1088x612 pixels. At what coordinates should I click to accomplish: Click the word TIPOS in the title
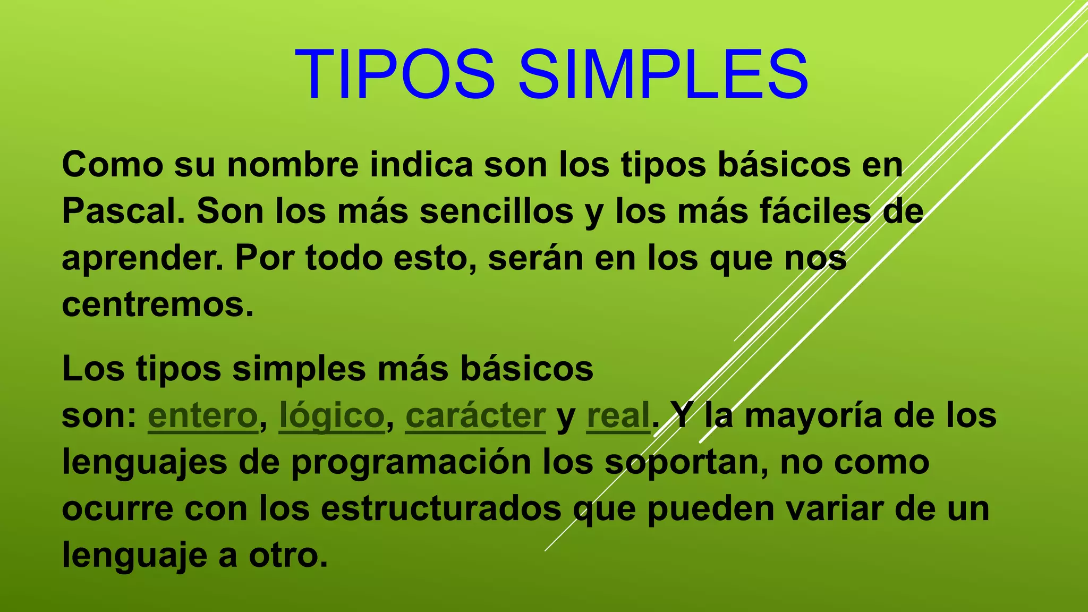395,74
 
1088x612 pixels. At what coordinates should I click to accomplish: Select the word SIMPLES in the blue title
663,74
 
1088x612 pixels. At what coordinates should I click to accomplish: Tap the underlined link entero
203,416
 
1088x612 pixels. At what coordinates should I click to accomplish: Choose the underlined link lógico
331,416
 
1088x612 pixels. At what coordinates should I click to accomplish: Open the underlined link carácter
475,416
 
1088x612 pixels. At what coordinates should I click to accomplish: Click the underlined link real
618,416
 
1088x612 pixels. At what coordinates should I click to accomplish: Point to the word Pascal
123,211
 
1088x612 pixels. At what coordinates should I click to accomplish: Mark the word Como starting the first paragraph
112,165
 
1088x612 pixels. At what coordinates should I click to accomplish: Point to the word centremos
157,305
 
